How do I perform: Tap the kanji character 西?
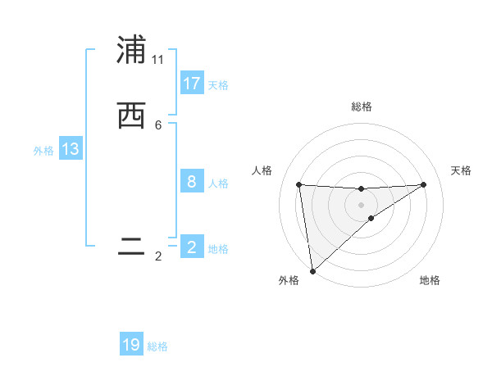click(131, 116)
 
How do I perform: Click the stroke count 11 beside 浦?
click(158, 60)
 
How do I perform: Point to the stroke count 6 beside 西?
click(158, 125)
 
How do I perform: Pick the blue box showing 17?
click(192, 84)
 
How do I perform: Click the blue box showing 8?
click(192, 182)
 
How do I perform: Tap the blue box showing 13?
click(71, 149)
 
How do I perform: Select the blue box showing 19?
click(131, 345)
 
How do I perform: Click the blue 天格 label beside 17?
click(218, 85)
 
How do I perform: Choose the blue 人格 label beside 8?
click(218, 183)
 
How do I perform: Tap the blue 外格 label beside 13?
click(43, 151)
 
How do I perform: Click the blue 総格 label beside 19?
click(157, 346)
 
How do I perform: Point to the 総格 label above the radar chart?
click(361, 106)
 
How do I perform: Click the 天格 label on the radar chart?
click(461, 170)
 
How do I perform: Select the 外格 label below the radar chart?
click(289, 280)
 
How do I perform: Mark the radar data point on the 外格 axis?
click(312, 270)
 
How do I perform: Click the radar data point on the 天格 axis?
click(423, 184)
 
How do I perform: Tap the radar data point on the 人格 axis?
click(298, 184)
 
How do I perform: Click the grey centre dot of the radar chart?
click(361, 204)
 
